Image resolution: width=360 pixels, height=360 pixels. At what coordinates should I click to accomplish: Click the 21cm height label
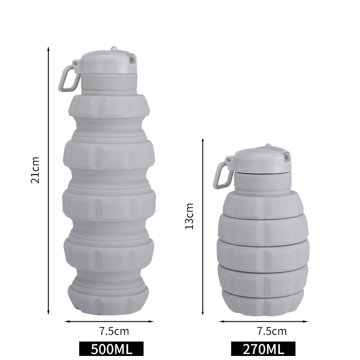[x=35, y=170]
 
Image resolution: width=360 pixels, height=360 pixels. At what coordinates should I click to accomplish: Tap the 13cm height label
[x=189, y=216]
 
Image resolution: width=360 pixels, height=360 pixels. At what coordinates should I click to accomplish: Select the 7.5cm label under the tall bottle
[x=114, y=331]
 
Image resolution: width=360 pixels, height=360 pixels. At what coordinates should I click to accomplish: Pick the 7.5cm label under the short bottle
[x=272, y=331]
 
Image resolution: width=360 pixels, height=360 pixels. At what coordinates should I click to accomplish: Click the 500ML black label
[x=111, y=349]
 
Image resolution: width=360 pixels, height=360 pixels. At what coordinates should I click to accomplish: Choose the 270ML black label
[x=263, y=349]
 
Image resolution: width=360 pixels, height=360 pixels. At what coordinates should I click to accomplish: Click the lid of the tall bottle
[x=108, y=63]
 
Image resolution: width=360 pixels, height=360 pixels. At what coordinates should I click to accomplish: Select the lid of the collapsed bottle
[x=262, y=159]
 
